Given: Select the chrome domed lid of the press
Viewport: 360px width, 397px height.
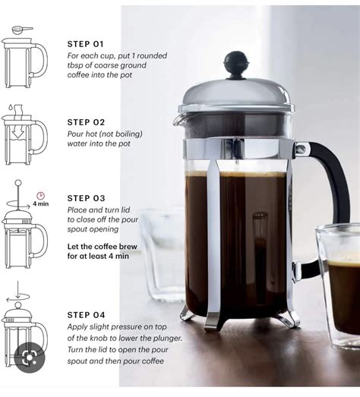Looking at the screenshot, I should tap(235, 95).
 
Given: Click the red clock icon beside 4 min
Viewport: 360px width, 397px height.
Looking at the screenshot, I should tap(40, 195).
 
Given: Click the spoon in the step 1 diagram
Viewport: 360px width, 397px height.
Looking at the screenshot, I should tap(22, 31).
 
